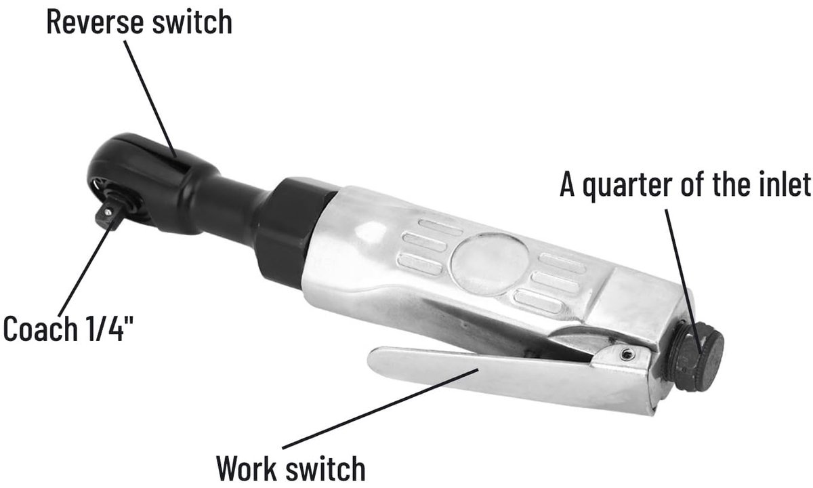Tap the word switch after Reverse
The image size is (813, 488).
coord(192,22)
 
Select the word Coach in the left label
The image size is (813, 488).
coord(41,328)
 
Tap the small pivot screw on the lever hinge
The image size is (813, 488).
coord(625,354)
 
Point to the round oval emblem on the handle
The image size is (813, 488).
coord(489,264)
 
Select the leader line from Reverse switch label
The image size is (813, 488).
coord(150,98)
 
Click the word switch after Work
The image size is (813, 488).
coord(325,468)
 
